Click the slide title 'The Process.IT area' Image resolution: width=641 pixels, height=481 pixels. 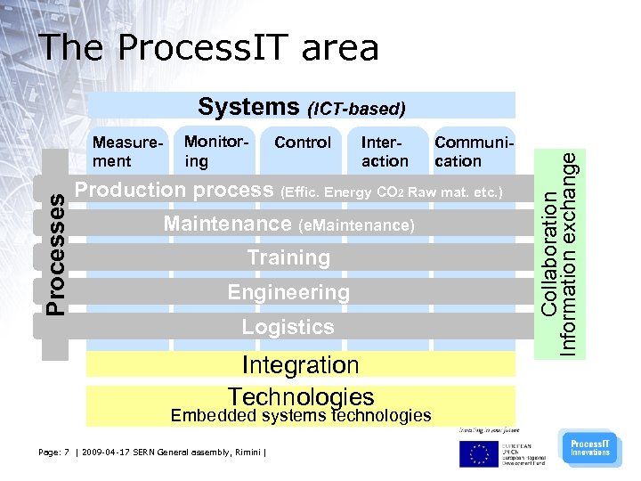210,48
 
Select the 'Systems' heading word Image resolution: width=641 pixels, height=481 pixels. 248,107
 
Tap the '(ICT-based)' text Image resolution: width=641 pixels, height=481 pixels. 356,110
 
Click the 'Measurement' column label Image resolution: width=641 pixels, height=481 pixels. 124,151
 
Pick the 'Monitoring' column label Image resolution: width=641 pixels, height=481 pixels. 214,151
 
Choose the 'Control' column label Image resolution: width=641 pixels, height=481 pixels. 303,143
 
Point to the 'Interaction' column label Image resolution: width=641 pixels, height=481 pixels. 385,151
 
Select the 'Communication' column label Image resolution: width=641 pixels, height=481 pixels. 470,151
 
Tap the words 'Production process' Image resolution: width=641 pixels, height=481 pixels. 174,190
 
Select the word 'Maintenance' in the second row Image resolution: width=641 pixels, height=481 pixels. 227,224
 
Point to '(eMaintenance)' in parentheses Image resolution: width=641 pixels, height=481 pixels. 356,226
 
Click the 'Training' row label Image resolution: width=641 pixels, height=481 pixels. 288,258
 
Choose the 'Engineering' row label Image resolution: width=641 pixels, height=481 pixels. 288,292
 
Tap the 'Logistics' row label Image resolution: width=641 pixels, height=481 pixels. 288,327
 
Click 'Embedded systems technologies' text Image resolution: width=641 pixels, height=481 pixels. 301,415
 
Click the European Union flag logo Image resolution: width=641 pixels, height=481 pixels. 479,453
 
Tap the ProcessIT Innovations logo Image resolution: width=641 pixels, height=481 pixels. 589,448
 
